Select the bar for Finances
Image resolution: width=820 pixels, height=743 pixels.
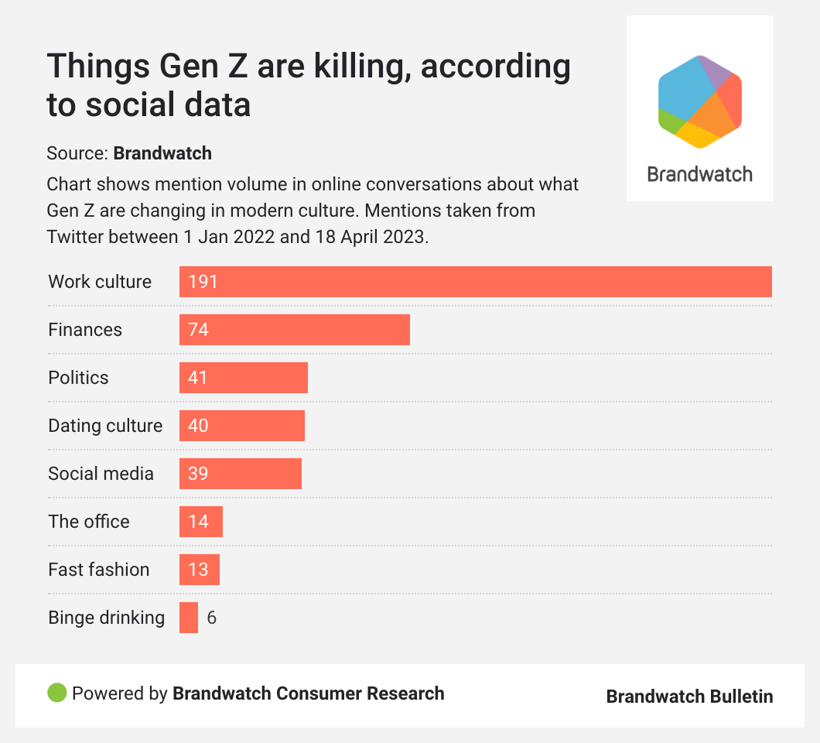(309, 330)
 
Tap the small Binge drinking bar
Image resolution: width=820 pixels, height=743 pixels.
(189, 618)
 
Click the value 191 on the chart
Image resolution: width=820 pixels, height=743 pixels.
(203, 282)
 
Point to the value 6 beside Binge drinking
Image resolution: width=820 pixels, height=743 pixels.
(211, 618)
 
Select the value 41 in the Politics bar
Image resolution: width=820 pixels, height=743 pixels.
(198, 378)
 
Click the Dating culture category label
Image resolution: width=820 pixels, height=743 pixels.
(105, 426)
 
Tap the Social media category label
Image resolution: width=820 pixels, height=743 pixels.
(101, 474)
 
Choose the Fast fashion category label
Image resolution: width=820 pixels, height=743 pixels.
(98, 570)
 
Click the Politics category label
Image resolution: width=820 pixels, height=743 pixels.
(78, 378)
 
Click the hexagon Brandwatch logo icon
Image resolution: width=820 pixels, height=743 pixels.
(700, 101)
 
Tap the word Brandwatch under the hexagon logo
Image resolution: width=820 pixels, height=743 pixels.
(699, 173)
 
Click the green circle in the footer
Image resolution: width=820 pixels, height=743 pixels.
(57, 693)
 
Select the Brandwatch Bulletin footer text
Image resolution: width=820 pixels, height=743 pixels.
(689, 697)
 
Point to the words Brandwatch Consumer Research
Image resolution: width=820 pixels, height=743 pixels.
(308, 693)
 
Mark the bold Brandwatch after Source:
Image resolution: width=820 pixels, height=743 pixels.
(162, 153)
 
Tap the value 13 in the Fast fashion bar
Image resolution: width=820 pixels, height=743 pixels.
(198, 570)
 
